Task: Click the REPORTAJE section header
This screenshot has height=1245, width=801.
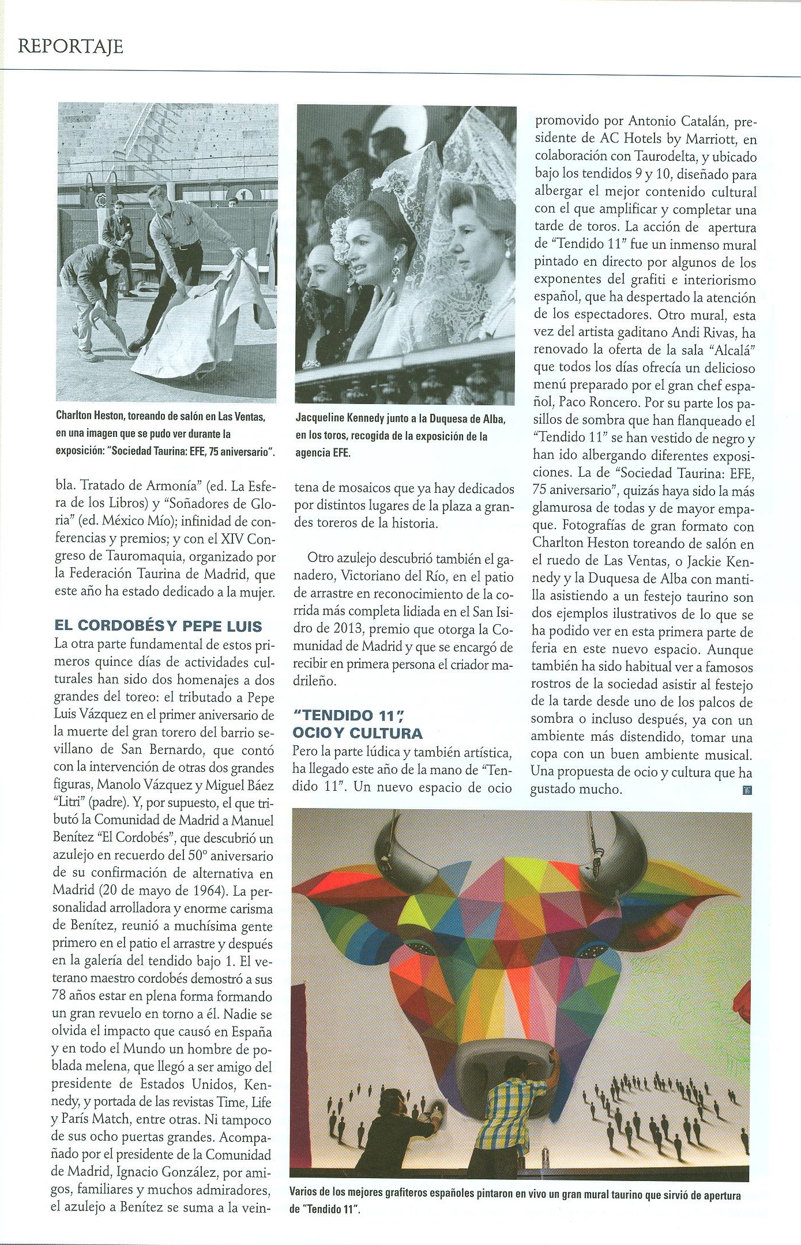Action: pos(70,46)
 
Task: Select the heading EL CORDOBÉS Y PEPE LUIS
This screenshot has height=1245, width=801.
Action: pos(158,626)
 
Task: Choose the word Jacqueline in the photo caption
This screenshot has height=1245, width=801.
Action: pos(324,420)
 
